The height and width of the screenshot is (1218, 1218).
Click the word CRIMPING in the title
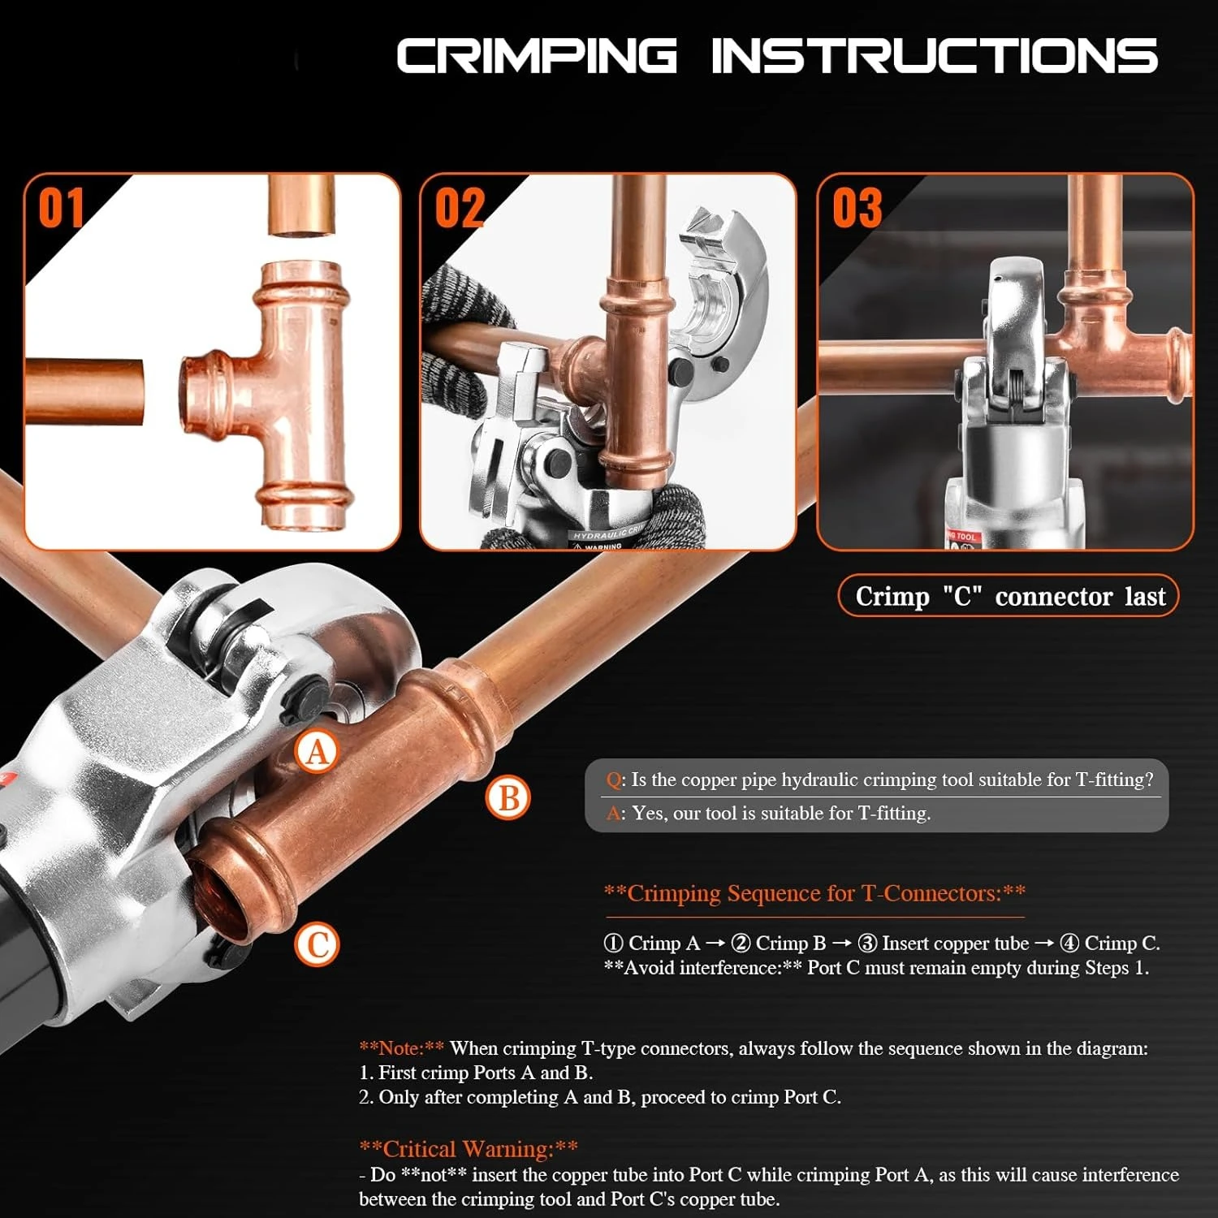tap(536, 56)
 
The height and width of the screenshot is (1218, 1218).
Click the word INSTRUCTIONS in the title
tap(934, 56)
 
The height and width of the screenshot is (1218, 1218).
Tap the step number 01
tap(61, 208)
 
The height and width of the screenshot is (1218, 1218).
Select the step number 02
tap(460, 208)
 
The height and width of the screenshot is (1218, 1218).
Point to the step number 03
tap(857, 208)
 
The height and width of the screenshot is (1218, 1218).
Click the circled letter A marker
tap(317, 752)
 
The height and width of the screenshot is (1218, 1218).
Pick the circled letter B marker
tap(508, 797)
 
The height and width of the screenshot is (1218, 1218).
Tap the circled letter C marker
tap(317, 945)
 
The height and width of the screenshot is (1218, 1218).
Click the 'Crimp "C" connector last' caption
tap(1009, 596)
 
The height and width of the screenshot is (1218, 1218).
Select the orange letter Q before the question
tap(614, 780)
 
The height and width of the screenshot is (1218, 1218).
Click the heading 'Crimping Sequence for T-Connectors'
tap(814, 893)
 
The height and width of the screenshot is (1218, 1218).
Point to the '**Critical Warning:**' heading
tap(469, 1148)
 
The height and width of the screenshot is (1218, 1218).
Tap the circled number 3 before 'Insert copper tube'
tap(867, 944)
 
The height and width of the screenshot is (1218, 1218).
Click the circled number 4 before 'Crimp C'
tap(1069, 944)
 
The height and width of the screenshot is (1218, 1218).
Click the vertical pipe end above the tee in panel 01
tap(301, 206)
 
